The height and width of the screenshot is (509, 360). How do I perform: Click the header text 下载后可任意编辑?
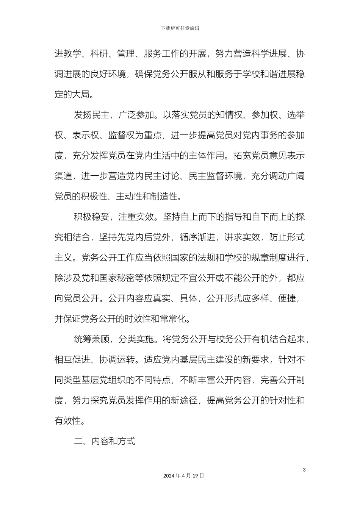point(180,28)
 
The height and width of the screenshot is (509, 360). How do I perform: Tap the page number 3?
point(304,470)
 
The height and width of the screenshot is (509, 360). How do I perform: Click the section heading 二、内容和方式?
point(104,441)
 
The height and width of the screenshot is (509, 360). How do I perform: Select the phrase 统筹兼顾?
point(91,339)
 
